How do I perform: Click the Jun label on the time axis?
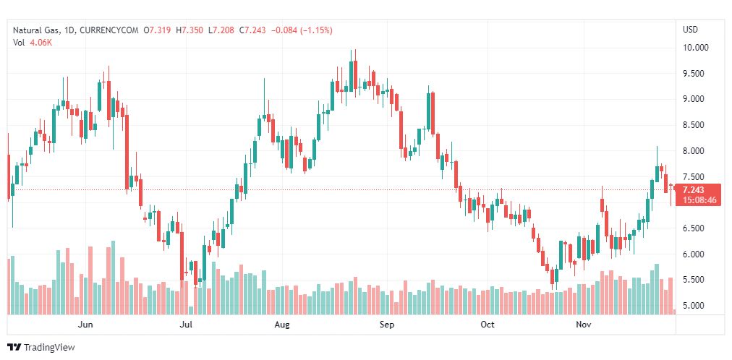click(x=85, y=325)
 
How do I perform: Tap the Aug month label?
click(x=281, y=325)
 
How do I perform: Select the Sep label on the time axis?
click(x=387, y=325)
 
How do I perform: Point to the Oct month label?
click(x=488, y=325)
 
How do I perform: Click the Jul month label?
click(x=186, y=325)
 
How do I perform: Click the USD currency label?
click(x=690, y=30)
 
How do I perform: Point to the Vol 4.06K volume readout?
click(x=32, y=42)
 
